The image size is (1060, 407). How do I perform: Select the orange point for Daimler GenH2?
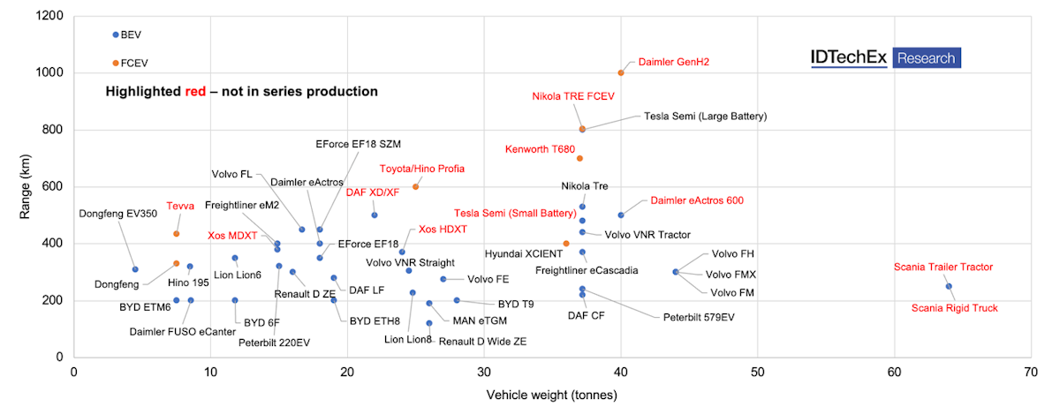[x=621, y=72]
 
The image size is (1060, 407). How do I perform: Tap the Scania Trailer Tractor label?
[x=943, y=267]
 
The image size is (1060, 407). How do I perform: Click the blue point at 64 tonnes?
[x=949, y=286]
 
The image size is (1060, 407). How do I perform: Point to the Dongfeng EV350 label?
[x=117, y=213]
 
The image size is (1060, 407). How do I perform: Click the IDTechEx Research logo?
[x=884, y=58]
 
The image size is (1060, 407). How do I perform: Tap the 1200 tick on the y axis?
[x=49, y=16]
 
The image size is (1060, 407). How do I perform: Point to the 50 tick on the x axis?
[x=758, y=374]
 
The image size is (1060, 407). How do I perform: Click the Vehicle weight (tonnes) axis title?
[x=551, y=395]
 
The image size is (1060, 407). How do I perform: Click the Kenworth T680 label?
[x=540, y=149]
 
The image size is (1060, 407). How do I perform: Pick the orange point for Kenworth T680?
[x=579, y=158]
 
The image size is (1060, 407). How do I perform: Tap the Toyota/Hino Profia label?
[x=421, y=169]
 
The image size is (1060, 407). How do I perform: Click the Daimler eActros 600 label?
[x=696, y=200]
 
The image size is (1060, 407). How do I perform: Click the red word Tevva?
[x=180, y=207]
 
